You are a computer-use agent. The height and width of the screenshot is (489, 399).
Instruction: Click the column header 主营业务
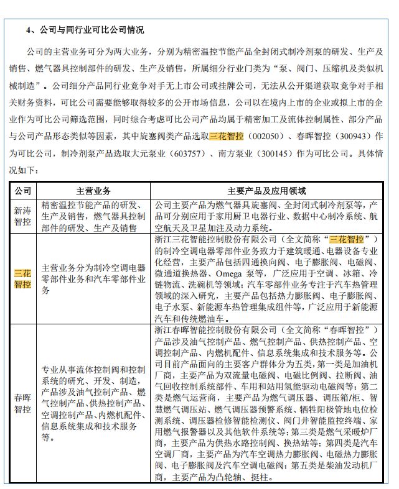tap(93, 191)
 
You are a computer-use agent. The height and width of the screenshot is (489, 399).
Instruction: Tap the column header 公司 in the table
tap(22, 191)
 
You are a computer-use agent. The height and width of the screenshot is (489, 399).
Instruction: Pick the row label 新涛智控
tap(22, 216)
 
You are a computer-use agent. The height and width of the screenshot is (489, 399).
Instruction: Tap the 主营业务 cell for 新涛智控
tap(93, 216)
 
